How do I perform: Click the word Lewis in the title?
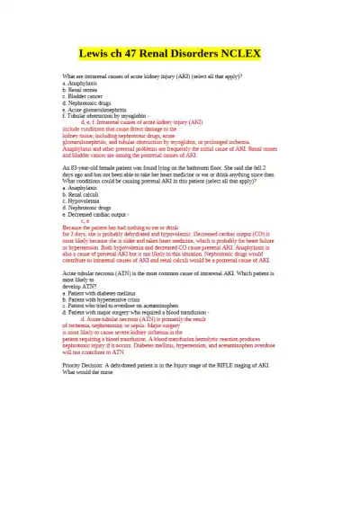coord(98,54)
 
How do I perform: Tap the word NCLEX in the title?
coord(240,54)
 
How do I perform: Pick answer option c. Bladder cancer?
coord(84,97)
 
